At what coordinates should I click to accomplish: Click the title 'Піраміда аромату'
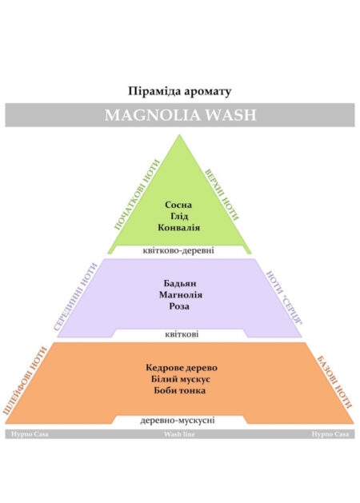coord(180,91)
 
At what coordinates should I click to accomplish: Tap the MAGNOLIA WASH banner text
coord(180,115)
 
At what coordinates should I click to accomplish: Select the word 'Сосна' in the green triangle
coord(178,205)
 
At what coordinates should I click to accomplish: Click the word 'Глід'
coord(179,216)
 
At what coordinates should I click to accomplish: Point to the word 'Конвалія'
coord(178,227)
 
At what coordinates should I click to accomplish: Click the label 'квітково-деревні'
coord(178,250)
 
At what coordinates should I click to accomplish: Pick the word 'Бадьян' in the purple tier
coord(180,284)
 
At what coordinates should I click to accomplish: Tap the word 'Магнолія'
coord(181,295)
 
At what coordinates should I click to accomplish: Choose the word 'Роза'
coord(179,306)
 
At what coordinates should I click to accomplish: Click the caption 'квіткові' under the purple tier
coord(182,334)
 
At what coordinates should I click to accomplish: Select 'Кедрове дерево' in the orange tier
coord(182,368)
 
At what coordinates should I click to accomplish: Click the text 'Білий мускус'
coord(181,379)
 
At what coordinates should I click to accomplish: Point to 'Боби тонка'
coord(180,390)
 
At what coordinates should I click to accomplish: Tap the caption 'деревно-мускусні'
coord(177,421)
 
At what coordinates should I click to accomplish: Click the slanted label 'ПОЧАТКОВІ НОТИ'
coord(137,194)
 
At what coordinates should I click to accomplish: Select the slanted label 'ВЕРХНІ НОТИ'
coord(222,194)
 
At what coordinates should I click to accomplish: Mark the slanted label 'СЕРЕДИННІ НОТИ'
coord(75,297)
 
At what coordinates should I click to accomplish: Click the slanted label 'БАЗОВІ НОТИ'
coord(334,381)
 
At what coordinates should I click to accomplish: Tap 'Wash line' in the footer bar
coord(179,434)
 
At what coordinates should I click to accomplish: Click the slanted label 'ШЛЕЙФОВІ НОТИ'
coord(25,381)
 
